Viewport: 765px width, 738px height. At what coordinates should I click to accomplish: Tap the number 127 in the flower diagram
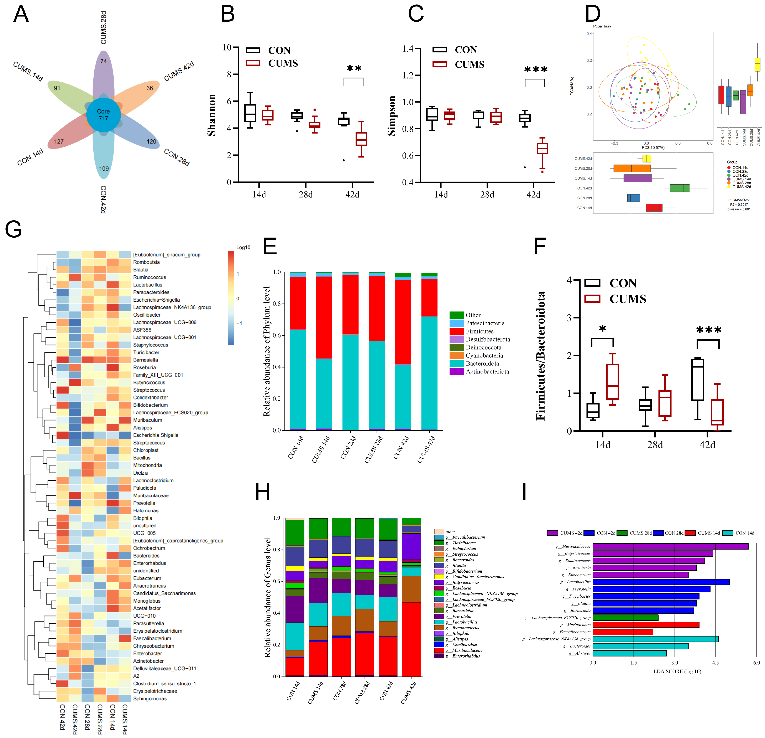[x=59, y=141]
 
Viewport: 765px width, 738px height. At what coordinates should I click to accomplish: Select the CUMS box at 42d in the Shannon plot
[x=361, y=139]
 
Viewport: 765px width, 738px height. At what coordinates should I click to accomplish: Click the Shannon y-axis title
[x=211, y=115]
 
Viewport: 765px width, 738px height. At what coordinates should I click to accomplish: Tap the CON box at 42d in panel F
[x=697, y=380]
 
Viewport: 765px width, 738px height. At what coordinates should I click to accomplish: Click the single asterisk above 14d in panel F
[x=603, y=329]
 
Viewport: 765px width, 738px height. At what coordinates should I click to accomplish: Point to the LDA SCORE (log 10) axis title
[x=677, y=671]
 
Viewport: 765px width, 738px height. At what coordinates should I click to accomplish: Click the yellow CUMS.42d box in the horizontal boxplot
[x=647, y=158]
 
